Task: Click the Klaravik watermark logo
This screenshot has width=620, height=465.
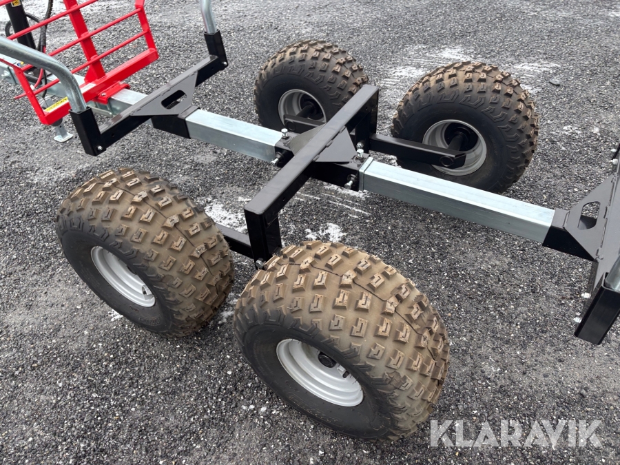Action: pyautogui.click(x=515, y=433)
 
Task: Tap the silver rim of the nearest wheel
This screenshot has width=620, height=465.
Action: pyautogui.click(x=320, y=372)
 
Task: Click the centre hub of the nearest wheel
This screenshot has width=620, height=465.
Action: pyautogui.click(x=327, y=360)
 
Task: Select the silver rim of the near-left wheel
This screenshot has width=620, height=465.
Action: pyautogui.click(x=123, y=276)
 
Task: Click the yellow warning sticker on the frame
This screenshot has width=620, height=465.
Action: pyautogui.click(x=56, y=105)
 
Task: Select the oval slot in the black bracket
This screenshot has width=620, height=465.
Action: pyautogui.click(x=174, y=99)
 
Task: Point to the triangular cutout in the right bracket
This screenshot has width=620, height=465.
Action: pyautogui.click(x=588, y=216)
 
